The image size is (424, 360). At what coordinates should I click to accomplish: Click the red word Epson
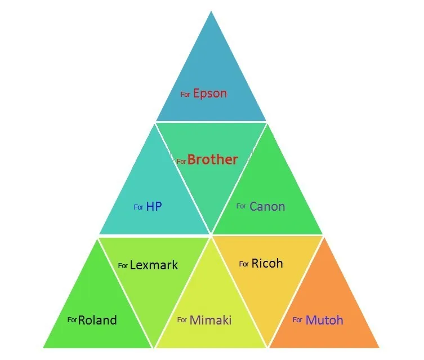click(210, 94)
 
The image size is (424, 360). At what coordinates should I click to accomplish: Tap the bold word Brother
click(213, 159)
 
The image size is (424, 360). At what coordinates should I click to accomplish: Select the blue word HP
click(154, 207)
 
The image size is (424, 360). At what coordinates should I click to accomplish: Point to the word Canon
click(267, 206)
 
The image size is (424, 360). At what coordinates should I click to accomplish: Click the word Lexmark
click(154, 265)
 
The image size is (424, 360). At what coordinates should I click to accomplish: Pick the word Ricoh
click(267, 263)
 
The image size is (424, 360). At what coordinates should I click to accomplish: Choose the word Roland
click(97, 320)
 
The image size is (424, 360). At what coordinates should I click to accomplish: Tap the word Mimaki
click(211, 320)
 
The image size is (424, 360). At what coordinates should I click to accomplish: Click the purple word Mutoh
click(324, 320)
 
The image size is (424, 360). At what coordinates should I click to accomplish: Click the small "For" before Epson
click(185, 95)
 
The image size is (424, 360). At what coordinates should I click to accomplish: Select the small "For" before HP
click(139, 207)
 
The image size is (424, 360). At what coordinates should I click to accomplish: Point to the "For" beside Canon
click(241, 206)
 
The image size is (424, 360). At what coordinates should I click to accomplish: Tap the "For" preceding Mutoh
click(297, 320)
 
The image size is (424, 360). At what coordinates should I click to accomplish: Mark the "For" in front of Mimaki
click(182, 320)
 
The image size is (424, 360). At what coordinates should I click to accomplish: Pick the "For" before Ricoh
click(244, 264)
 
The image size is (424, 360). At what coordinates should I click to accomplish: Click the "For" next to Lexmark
click(123, 265)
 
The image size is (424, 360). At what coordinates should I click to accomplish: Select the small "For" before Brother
click(181, 162)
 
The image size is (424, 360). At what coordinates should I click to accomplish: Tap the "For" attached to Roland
click(72, 320)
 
